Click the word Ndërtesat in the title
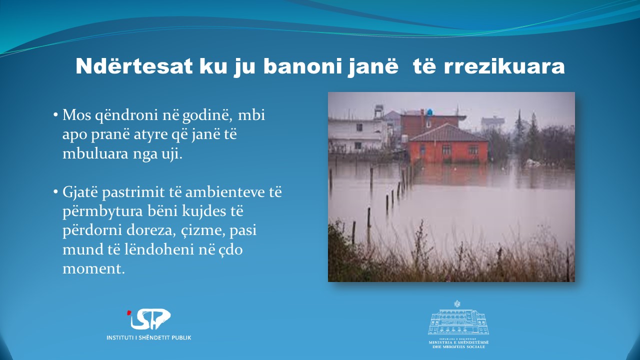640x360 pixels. click(x=134, y=66)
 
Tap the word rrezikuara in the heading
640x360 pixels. click(x=504, y=66)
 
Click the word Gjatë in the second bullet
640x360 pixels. click(x=80, y=192)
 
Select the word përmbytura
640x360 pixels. click(x=102, y=211)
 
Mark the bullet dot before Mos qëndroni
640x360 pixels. click(x=55, y=115)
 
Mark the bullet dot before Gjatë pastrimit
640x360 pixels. click(x=55, y=192)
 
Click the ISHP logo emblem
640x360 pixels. click(x=149, y=319)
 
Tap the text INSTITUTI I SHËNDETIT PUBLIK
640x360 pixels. click(x=149, y=337)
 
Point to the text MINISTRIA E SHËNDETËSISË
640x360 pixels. click(x=459, y=342)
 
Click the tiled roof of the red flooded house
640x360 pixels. click(x=448, y=133)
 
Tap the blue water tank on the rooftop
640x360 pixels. click(x=429, y=112)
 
